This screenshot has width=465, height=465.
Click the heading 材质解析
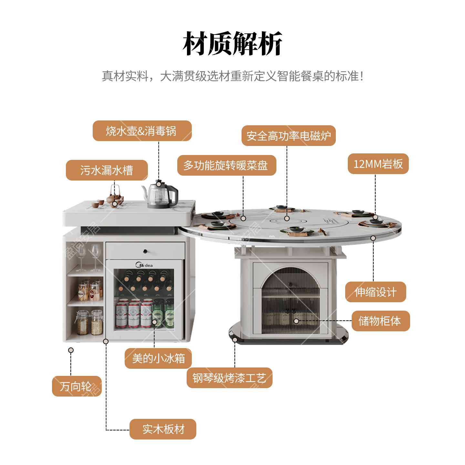(232, 44)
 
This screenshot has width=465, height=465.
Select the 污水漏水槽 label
(107, 170)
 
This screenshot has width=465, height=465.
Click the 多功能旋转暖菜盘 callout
(226, 165)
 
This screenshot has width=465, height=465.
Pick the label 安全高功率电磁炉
(288, 136)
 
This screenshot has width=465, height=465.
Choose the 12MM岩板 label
(378, 164)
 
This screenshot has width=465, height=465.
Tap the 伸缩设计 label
(376, 292)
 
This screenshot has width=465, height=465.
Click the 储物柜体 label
(380, 321)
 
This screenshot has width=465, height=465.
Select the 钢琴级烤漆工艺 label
(229, 378)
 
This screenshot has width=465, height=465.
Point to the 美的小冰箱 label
(158, 358)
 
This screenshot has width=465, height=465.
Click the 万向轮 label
(77, 386)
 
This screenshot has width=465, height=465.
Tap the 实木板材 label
(163, 429)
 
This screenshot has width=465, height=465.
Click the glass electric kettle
(161, 195)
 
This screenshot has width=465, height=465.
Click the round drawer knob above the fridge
(145, 251)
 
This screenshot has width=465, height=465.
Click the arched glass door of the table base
(290, 300)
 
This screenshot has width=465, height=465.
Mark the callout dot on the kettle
(159, 184)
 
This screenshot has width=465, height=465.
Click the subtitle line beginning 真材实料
(232, 76)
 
